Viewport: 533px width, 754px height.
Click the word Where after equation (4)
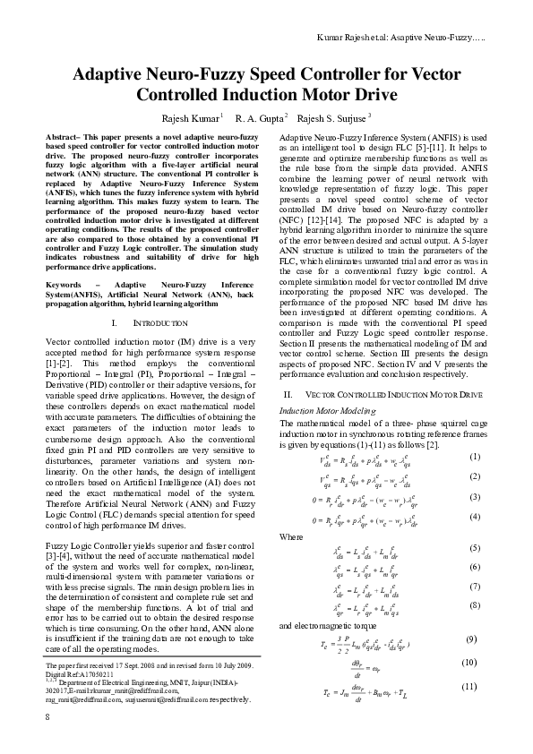(x=291, y=536)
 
